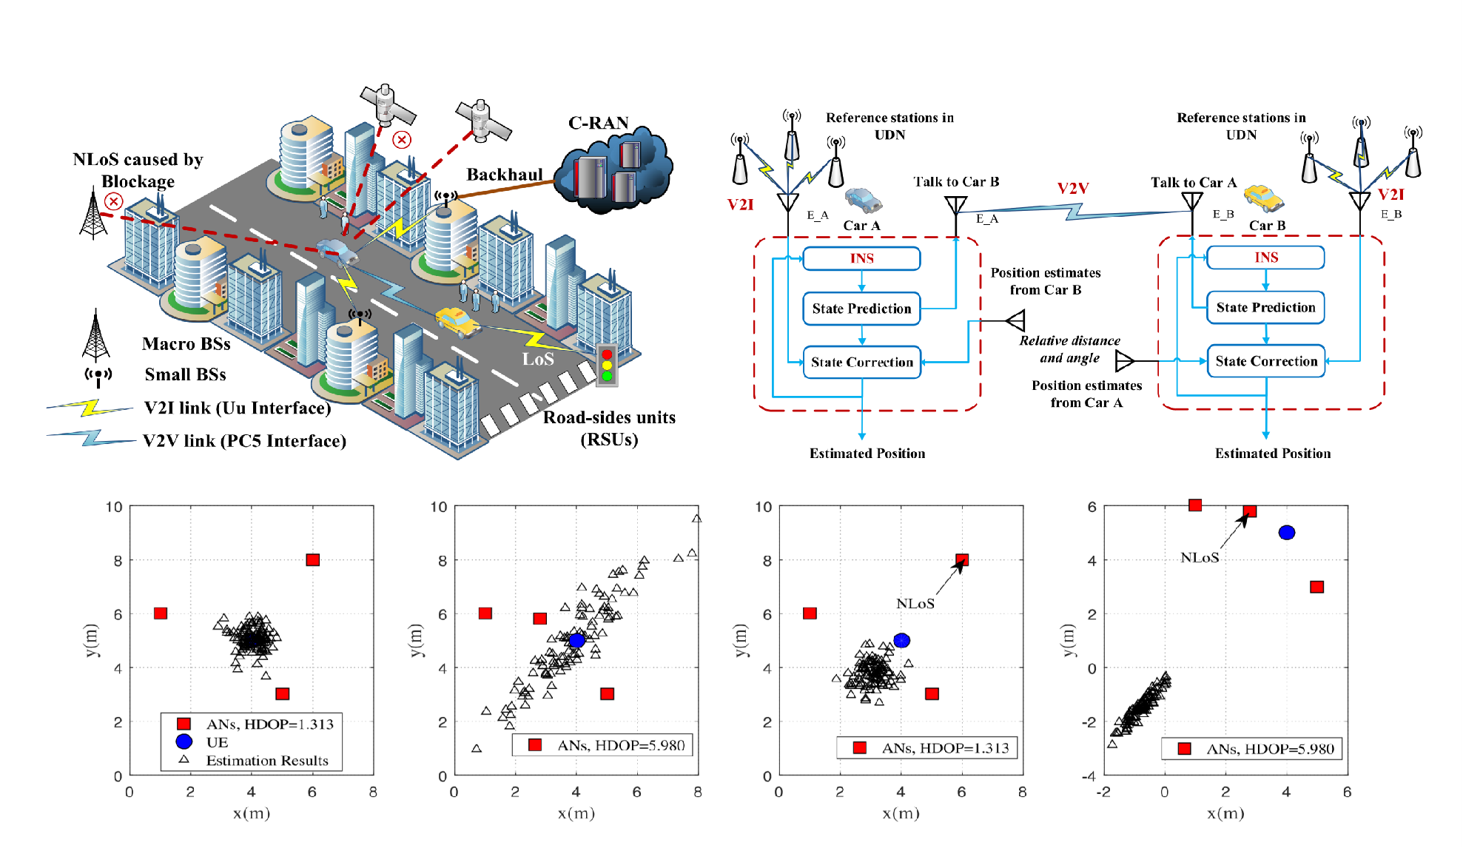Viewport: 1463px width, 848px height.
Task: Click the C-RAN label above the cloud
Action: (598, 123)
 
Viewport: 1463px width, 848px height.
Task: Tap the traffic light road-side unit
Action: (607, 365)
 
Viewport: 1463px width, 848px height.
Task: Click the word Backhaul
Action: (504, 175)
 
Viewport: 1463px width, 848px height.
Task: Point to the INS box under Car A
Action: (861, 258)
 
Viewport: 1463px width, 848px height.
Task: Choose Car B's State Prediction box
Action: (1265, 308)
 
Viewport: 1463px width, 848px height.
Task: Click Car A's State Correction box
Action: (861, 363)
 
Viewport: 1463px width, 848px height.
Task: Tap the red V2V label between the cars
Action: (1072, 189)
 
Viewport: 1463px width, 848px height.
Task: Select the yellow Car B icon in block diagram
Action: (1263, 198)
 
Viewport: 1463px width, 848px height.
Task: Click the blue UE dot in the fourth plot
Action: (1286, 533)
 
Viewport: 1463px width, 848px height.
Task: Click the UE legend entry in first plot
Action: (216, 742)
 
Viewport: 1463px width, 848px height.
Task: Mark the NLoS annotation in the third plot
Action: (915, 604)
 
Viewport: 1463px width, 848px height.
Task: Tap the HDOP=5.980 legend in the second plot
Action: (620, 745)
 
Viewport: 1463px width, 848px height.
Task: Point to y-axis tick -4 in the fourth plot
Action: (1088, 776)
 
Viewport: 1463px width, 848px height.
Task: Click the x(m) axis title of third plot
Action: (901, 813)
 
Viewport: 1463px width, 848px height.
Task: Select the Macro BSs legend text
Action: (186, 344)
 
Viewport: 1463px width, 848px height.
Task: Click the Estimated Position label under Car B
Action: (1272, 454)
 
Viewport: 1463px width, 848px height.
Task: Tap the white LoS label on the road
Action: (538, 360)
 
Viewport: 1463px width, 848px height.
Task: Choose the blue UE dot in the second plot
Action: (576, 641)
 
